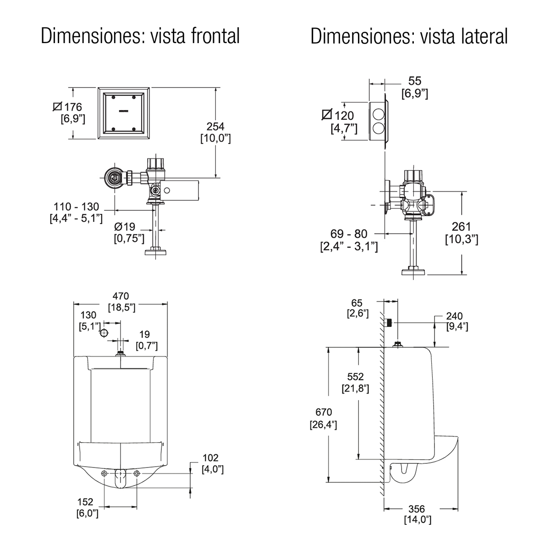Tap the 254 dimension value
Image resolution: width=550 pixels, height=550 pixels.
215,127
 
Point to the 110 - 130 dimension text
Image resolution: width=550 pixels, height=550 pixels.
76,207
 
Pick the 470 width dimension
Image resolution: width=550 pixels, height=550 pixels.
121,296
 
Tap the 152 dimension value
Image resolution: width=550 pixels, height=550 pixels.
86,502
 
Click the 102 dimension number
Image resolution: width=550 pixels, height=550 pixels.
210,457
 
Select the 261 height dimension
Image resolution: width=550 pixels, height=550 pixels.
461,226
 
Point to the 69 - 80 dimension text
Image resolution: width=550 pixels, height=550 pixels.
348,235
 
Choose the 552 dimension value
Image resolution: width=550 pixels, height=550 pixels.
356,377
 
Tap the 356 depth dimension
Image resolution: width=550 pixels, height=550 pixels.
417,509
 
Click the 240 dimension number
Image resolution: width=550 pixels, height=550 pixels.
454,316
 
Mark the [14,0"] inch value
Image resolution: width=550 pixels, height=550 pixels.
418,520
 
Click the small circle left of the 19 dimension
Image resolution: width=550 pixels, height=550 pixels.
104,333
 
